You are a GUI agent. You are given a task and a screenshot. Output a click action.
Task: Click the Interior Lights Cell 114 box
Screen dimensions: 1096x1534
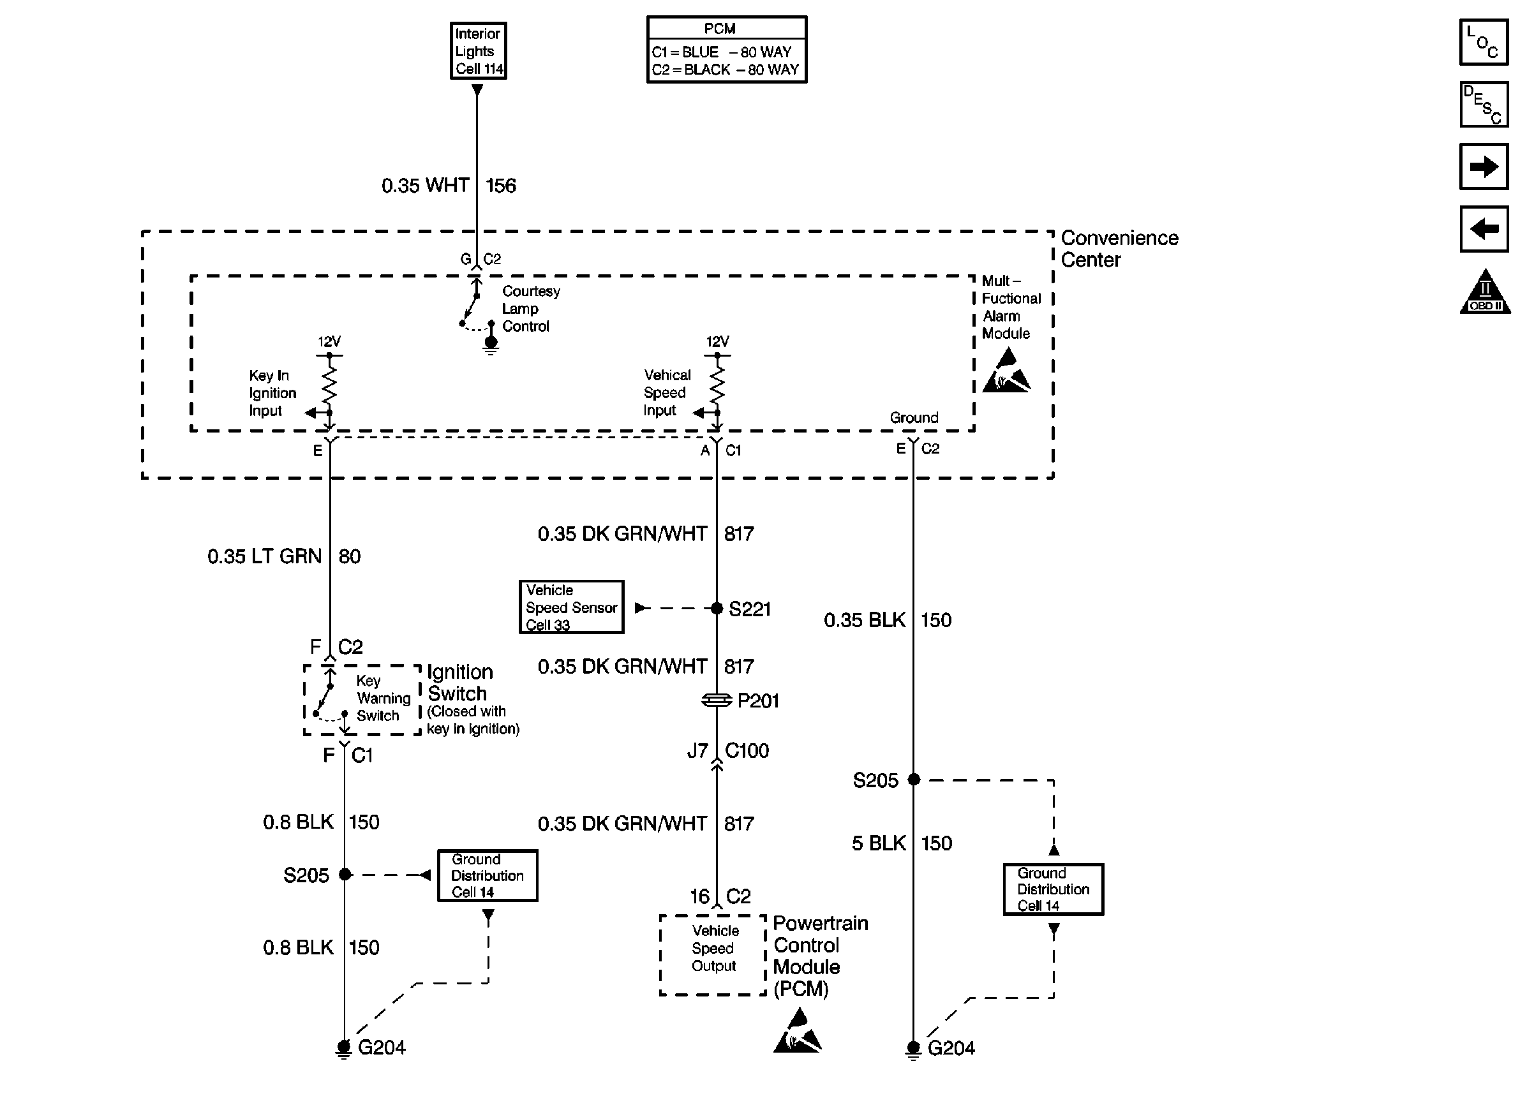(x=479, y=51)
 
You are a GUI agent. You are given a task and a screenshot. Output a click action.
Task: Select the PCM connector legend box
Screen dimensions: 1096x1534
(x=726, y=50)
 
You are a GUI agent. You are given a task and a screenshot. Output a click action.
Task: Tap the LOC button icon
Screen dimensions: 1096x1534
(x=1484, y=43)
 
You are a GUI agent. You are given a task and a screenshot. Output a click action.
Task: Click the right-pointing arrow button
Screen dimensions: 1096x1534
(x=1484, y=167)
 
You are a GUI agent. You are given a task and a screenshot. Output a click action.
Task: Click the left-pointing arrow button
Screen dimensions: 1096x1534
(x=1484, y=230)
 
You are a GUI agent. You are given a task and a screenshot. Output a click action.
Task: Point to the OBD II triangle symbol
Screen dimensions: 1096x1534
(x=1485, y=293)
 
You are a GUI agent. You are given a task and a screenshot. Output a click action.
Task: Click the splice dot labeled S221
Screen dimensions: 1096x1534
(x=717, y=609)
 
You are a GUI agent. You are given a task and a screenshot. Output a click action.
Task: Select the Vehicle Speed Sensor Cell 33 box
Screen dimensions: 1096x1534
(x=571, y=607)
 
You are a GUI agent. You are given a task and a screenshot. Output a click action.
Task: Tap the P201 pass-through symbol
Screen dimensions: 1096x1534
(x=717, y=700)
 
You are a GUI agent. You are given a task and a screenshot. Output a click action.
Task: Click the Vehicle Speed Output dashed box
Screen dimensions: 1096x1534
(x=713, y=955)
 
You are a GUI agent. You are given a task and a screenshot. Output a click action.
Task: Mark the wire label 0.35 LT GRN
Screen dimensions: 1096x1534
(x=265, y=557)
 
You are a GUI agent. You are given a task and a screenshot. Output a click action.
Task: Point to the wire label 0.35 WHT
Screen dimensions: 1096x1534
(x=425, y=186)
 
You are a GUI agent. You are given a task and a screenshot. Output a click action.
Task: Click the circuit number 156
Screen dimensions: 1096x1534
(x=501, y=186)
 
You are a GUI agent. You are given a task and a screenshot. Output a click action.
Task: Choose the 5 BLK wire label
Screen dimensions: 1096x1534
(x=879, y=843)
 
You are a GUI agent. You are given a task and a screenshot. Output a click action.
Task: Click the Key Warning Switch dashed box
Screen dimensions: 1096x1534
(x=362, y=700)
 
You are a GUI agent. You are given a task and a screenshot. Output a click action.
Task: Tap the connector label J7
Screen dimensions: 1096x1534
(x=697, y=751)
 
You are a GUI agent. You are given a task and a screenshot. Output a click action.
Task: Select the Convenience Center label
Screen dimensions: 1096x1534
(x=1119, y=248)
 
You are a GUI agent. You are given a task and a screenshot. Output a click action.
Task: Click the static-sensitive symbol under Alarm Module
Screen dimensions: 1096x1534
(x=1006, y=371)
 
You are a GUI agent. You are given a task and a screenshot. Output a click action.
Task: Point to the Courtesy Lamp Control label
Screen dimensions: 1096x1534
(x=530, y=309)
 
